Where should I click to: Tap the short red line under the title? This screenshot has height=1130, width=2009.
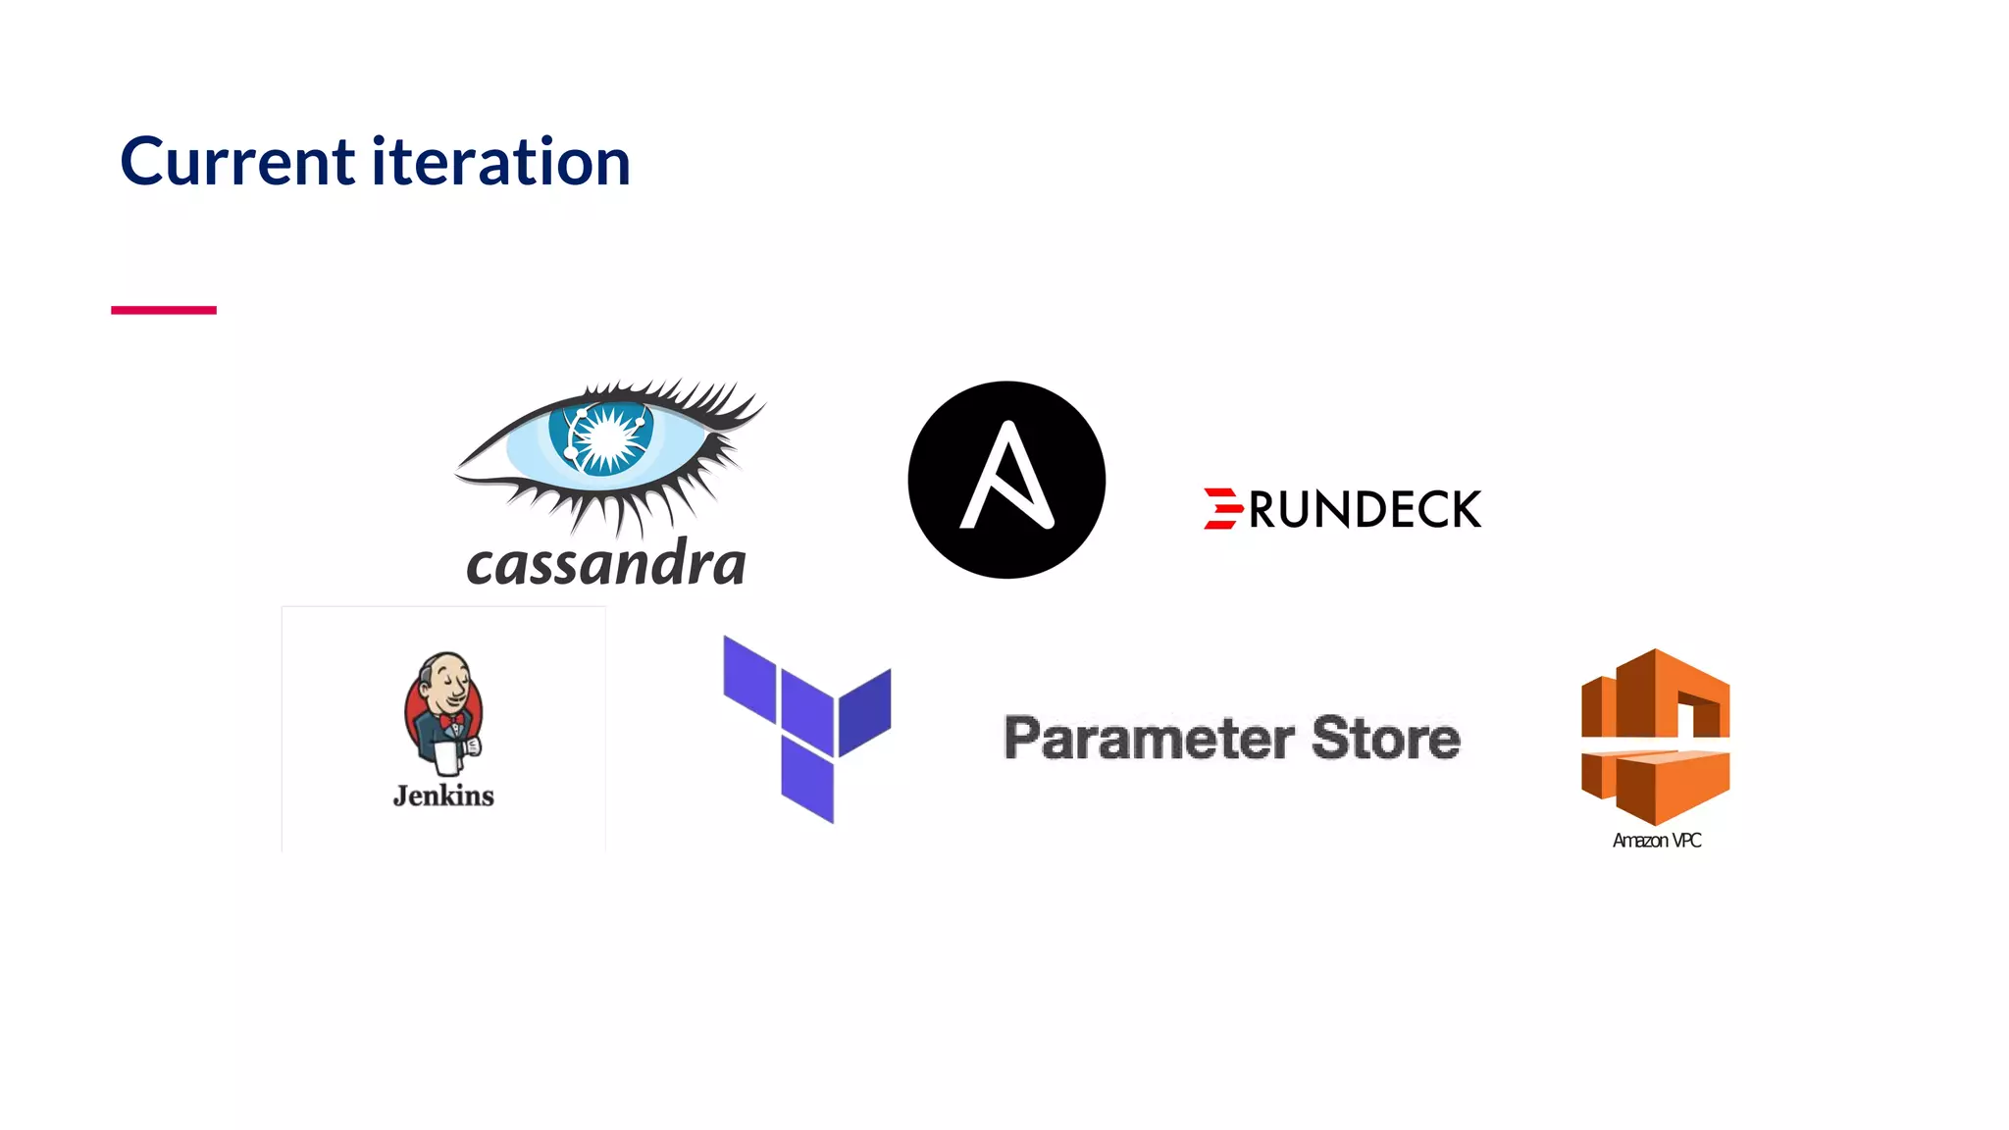click(x=164, y=310)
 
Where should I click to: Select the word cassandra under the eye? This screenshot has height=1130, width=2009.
click(x=606, y=563)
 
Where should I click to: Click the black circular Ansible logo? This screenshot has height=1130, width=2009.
click(x=1006, y=480)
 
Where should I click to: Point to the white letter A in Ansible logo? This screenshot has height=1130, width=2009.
click(x=1006, y=477)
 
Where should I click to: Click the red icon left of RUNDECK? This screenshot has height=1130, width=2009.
click(x=1222, y=509)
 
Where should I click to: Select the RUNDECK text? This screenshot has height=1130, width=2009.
click(x=1365, y=510)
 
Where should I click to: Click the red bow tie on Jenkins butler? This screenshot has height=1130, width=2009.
click(x=452, y=723)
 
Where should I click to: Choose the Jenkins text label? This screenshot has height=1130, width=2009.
click(x=443, y=796)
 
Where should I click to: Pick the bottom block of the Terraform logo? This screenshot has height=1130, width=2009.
click(x=807, y=781)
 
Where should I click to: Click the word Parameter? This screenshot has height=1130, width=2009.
click(x=1149, y=739)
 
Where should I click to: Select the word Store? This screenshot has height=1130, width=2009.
click(x=1385, y=739)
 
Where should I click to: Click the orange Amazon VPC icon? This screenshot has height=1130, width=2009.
click(x=1655, y=736)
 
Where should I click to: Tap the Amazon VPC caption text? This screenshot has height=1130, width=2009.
click(x=1657, y=841)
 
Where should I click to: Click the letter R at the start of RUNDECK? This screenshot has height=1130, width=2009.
click(x=1262, y=510)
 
